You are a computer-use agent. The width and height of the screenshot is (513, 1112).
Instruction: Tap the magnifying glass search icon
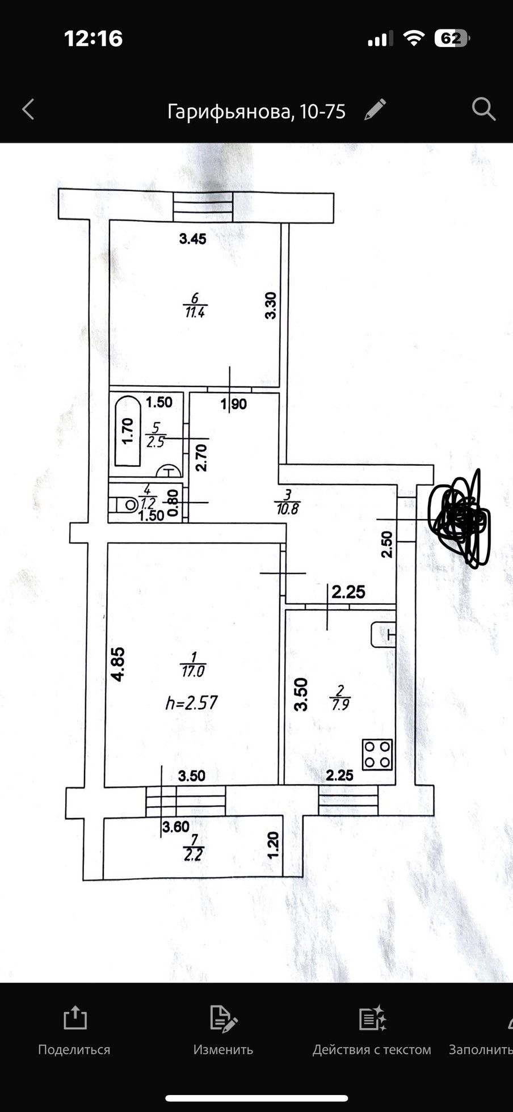[483, 109]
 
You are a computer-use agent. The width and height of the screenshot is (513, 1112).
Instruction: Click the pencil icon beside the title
[375, 109]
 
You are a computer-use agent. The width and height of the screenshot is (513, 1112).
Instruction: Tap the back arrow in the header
[28, 109]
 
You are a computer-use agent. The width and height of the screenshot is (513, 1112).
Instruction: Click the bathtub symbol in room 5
[128, 431]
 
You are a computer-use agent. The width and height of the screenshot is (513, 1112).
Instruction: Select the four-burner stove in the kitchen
[377, 755]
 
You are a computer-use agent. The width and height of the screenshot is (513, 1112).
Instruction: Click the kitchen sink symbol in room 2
[383, 634]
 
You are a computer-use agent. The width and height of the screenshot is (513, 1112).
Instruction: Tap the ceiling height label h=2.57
[191, 703]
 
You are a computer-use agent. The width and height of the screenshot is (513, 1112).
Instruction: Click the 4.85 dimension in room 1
[117, 664]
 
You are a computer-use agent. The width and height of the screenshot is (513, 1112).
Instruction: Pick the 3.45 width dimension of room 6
[192, 239]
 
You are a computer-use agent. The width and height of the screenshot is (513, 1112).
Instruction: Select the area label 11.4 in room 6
[195, 312]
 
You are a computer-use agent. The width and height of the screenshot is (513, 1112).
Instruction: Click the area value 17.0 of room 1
[193, 672]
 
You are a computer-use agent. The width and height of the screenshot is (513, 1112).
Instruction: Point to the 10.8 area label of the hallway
[287, 508]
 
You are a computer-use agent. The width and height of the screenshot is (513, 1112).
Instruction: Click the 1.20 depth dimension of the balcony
[273, 845]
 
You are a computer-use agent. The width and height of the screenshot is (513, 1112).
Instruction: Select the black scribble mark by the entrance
[460, 517]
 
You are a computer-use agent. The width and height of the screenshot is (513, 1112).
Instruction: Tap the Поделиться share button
[74, 1031]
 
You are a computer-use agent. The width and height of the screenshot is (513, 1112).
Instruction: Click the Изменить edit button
[223, 1031]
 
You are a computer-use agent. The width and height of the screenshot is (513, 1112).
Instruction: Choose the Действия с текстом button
[372, 1031]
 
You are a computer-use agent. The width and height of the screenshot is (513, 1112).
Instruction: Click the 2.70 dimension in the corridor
[201, 458]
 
